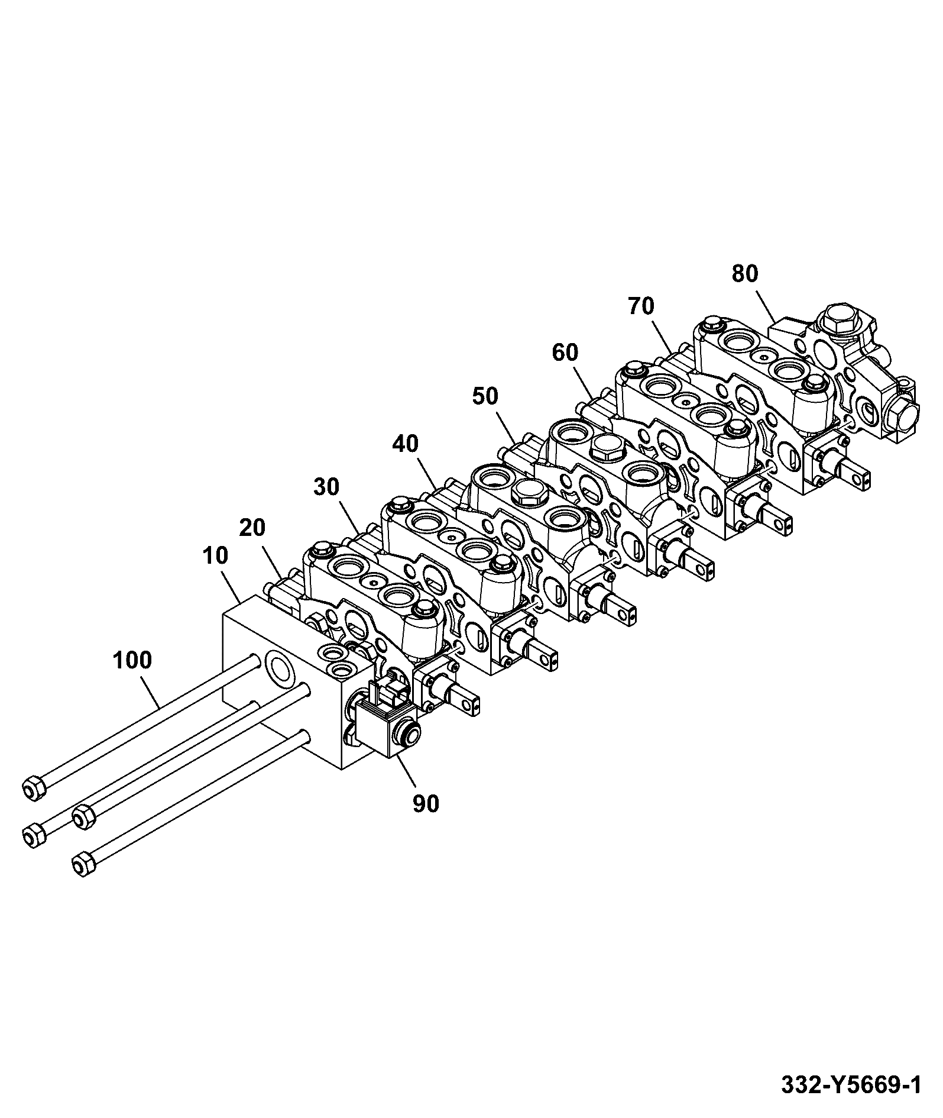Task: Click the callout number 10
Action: [x=215, y=555]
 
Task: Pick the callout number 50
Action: [x=485, y=396]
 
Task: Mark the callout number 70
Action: [x=641, y=306]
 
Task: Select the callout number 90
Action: [x=426, y=803]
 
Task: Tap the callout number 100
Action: [x=132, y=660]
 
